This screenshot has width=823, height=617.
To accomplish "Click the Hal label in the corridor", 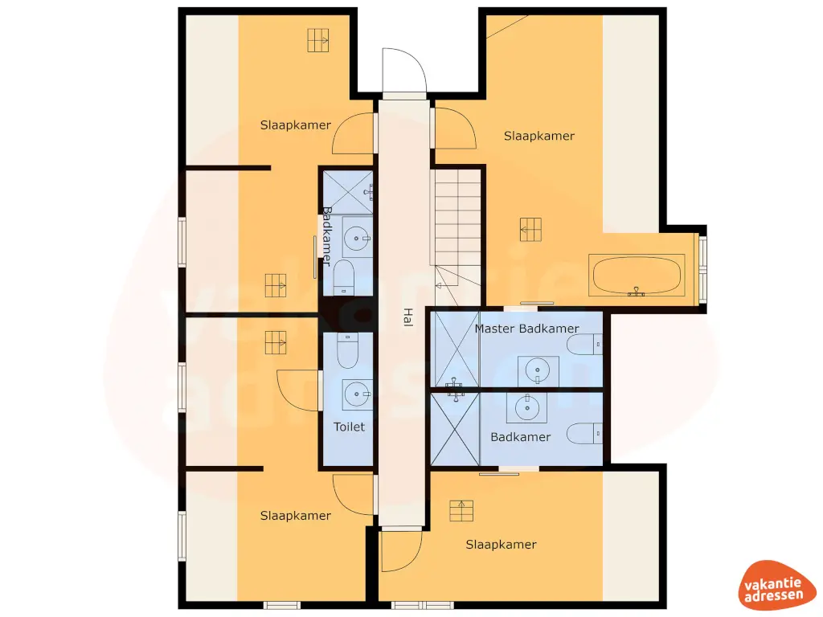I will pos(407,317).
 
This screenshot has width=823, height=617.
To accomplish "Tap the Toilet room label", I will pos(350,427).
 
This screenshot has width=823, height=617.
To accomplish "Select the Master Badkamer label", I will pos(526,329).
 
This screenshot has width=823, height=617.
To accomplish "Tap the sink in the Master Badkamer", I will pos(537,370).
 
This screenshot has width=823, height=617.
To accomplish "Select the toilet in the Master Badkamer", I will pos(583,345).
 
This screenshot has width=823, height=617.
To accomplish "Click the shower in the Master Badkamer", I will pos(456,350).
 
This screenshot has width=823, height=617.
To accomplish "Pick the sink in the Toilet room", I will pos(358,394).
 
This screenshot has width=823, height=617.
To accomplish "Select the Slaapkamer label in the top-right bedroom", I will pos(539,136).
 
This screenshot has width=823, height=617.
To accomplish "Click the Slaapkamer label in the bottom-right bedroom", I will pos(501,545).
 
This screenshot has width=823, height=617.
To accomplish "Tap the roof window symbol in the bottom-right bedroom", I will pos(461,510).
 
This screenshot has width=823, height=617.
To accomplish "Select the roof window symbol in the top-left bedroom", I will pos(318,39).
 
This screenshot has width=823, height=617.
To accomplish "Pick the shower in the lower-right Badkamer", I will pos(455,429).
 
